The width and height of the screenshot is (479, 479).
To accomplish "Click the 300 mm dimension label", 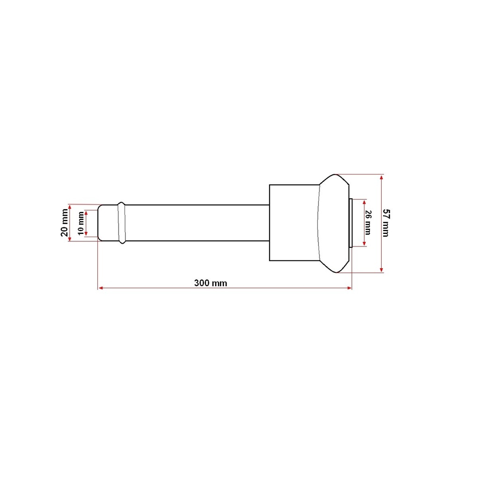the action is pos(210,283).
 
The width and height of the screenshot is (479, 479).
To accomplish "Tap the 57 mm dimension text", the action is pos(386,223).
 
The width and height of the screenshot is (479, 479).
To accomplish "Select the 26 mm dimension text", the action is pos(368,223).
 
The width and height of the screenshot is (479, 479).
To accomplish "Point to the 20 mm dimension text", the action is pos(65,223).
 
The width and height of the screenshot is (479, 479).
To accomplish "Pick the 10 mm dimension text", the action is pos(81,223).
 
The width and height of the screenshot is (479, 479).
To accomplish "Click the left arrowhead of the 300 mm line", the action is pos(100,288).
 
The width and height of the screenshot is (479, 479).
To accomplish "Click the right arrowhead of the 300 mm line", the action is pos(349,288).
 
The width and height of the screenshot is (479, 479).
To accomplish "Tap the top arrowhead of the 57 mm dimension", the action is pos(381,177).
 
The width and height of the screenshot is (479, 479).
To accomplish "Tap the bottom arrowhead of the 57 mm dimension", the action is pos(381,270).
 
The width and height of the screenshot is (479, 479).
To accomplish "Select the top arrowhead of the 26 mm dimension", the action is pos(364,202).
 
